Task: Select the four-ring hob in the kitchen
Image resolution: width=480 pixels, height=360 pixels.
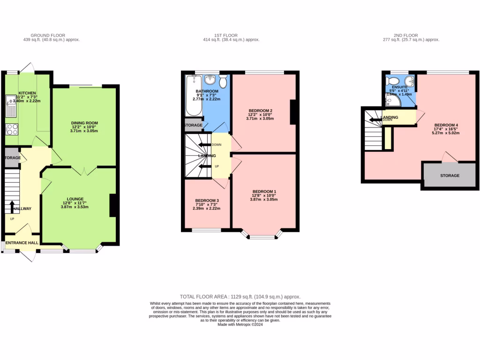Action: click(x=11, y=129)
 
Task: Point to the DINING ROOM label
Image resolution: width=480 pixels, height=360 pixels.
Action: click(x=84, y=123)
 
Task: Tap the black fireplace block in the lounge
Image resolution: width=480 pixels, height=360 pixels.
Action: click(x=113, y=205)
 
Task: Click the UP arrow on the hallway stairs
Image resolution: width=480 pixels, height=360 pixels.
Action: click(x=12, y=207)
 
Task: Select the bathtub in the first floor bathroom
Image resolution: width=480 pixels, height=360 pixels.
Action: click(x=193, y=96)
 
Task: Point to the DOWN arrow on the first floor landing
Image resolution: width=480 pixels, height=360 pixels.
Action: click(x=203, y=145)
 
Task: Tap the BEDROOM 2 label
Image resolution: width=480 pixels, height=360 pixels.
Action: click(x=261, y=111)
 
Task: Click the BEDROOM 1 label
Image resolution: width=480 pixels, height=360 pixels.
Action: click(x=264, y=191)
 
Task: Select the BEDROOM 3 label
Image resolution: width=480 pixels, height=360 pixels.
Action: click(x=207, y=200)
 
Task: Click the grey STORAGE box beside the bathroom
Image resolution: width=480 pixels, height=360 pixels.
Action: click(x=193, y=125)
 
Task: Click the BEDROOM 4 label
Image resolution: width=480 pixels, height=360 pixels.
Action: click(x=446, y=125)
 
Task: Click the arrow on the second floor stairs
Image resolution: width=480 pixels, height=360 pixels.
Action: click(x=375, y=120)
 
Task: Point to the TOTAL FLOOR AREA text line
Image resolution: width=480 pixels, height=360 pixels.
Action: click(x=240, y=297)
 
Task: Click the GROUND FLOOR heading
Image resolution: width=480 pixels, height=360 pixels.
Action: click(x=48, y=35)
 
